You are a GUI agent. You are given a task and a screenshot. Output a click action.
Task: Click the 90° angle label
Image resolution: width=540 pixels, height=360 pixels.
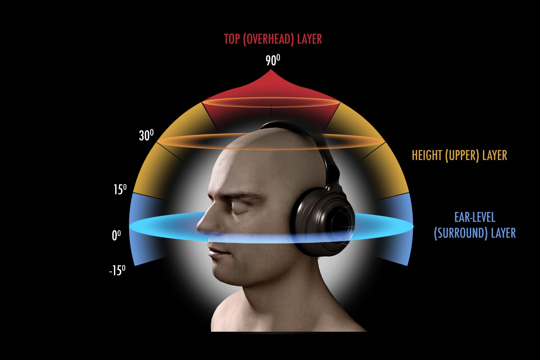coord(273,60)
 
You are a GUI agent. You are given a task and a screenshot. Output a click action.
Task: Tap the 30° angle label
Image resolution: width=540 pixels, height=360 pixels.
coord(146,135)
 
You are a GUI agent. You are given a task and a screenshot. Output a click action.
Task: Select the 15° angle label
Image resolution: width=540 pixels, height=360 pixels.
coord(120,189)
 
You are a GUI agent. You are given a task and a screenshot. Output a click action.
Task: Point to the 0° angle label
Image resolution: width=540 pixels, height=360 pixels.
coord(116,235)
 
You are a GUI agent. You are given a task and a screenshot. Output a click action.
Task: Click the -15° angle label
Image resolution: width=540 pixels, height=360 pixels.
coord(117,270)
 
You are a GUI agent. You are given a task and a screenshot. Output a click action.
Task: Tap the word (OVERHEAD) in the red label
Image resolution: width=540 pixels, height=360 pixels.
coord(269,40)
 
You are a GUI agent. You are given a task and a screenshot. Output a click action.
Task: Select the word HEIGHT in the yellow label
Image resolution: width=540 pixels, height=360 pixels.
coord(427,155)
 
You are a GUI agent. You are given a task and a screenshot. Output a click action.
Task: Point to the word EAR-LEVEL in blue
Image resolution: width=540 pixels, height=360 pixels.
coord(475,217)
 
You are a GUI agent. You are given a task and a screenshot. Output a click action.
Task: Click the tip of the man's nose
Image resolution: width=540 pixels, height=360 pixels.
coord(198,227)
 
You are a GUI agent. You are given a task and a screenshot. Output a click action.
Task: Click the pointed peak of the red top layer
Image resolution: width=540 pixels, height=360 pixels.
coord(271,70)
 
